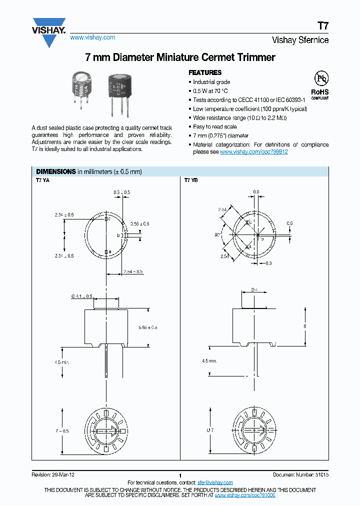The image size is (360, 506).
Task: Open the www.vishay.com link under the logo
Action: [x=92, y=37]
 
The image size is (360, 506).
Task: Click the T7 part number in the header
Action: [x=323, y=27]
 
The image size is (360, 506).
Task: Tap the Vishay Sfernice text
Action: [x=300, y=40]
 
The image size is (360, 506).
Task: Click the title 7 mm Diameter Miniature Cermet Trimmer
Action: [x=180, y=57]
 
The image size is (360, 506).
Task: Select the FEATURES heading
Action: [x=204, y=72]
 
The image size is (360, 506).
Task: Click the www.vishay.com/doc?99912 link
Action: [x=253, y=151]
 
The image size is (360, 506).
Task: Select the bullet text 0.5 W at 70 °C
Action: [x=210, y=90]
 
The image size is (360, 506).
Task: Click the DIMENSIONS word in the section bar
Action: [x=56, y=171]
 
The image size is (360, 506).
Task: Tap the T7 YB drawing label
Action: [x=191, y=180]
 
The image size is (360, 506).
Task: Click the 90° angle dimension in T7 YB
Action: [x=218, y=233]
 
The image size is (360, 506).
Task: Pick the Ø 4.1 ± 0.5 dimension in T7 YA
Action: [x=82, y=296]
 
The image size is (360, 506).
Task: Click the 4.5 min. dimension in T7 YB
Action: [x=209, y=360]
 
